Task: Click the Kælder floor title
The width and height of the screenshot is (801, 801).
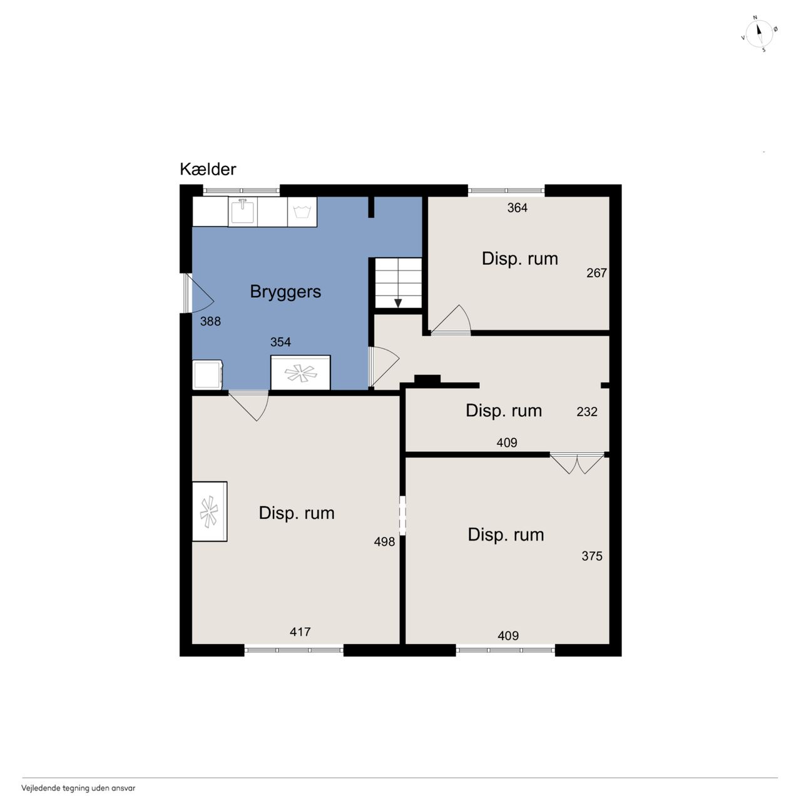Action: [208, 169]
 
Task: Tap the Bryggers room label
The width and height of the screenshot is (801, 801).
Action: [285, 292]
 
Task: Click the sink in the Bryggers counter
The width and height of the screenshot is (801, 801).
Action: [242, 211]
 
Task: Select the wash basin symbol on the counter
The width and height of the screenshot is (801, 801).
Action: [302, 212]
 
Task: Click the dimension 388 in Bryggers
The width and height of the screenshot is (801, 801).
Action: [210, 321]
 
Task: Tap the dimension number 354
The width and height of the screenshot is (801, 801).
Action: [280, 342]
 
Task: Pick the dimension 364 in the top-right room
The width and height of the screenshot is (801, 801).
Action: [517, 208]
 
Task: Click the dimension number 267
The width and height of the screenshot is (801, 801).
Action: [596, 273]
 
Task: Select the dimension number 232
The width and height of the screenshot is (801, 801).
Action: [587, 412]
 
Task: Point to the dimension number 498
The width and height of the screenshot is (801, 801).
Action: [384, 542]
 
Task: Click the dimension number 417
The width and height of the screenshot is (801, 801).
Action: [300, 632]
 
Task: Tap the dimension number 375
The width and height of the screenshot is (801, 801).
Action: [592, 556]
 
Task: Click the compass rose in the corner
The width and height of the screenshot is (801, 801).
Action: [759, 34]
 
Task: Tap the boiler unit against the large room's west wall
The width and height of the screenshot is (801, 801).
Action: [210, 512]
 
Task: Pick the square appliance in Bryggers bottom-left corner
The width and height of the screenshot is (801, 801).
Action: [207, 375]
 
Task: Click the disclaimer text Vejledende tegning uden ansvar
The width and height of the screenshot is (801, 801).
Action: [79, 788]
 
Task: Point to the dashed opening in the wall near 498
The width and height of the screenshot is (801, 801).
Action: [402, 515]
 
